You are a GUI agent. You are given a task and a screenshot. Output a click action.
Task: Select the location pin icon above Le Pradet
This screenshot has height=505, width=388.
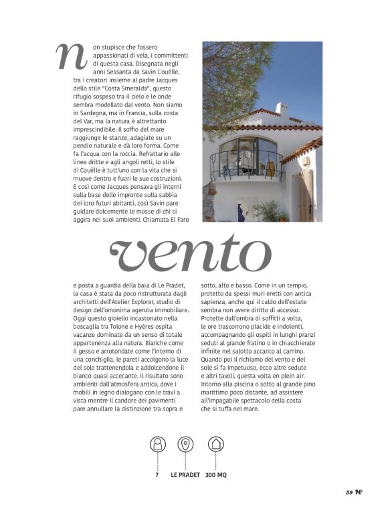point(185,444)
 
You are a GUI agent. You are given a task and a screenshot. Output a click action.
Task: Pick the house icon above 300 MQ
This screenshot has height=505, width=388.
point(215,444)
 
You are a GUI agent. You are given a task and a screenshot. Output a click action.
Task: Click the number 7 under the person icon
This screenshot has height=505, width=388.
point(157,475)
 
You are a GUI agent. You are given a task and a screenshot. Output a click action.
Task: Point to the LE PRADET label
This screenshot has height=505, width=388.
point(185,475)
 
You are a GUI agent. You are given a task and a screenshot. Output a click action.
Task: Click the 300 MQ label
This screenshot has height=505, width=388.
point(216,475)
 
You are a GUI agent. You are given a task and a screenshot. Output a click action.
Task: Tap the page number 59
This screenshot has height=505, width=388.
point(349,492)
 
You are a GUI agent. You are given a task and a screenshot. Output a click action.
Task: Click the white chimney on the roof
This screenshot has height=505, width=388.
point(282,111)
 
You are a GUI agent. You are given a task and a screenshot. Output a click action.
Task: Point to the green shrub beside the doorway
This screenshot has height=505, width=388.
point(270,211)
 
